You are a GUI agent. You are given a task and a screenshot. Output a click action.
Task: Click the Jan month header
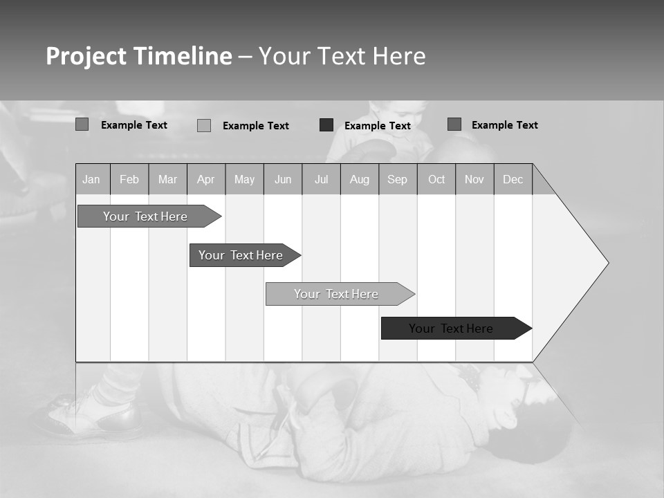click(91, 180)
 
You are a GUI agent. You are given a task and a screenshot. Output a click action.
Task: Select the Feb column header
click(129, 180)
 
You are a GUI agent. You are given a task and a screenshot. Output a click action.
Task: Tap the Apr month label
click(205, 180)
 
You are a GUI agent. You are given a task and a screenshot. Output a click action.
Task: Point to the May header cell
click(244, 180)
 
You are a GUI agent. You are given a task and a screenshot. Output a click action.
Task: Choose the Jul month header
click(321, 180)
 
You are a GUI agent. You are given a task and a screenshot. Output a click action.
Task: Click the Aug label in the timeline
click(359, 180)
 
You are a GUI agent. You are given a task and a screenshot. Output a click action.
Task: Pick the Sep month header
click(397, 180)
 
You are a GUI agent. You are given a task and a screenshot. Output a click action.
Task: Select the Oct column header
click(436, 180)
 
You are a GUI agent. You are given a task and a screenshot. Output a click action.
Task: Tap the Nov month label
click(474, 180)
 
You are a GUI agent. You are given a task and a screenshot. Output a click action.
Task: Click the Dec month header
click(513, 180)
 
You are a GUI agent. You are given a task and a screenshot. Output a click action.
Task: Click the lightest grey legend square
click(204, 125)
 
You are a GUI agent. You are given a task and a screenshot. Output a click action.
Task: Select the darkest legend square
click(326, 125)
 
